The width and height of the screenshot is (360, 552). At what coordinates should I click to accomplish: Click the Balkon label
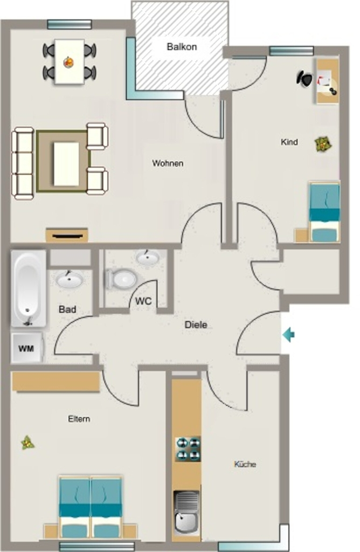[182, 47]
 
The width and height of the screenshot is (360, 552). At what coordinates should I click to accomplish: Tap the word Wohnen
[168, 163]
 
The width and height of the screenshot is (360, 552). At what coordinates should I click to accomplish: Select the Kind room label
[289, 142]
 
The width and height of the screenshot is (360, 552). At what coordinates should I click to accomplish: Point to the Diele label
[196, 325]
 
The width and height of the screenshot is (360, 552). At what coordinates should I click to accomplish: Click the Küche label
[245, 464]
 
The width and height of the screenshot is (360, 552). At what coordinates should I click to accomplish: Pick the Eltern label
[79, 419]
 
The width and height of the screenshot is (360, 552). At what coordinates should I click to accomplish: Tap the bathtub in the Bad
[29, 288]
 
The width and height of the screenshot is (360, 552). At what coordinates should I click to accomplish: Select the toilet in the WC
[121, 279]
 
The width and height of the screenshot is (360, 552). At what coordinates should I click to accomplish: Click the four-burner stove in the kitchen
[188, 449]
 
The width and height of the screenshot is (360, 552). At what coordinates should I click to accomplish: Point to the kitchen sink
[186, 512]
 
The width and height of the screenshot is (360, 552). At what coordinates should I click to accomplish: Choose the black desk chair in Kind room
[304, 79]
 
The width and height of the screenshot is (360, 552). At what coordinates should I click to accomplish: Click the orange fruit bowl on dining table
[68, 63]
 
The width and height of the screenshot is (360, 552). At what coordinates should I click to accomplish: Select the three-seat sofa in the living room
[23, 163]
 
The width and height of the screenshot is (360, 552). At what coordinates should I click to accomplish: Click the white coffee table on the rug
[66, 164]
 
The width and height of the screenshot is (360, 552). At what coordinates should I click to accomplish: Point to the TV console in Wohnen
[67, 235]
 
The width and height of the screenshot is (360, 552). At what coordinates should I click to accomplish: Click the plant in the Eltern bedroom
[27, 443]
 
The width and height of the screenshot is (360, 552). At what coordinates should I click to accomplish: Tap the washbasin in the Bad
[70, 280]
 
